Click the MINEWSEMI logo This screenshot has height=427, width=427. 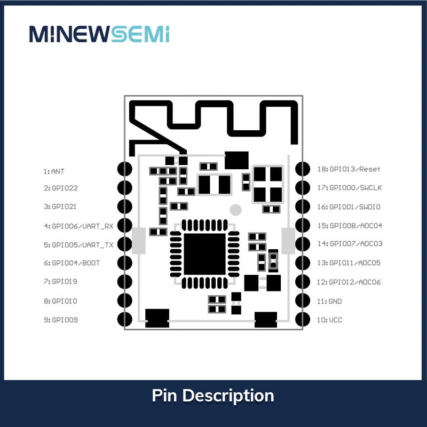pos(99,34)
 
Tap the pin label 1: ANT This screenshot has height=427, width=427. pos(54,171)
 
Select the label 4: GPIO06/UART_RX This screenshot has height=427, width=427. pos(78,226)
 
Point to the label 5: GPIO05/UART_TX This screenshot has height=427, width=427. pos(78,245)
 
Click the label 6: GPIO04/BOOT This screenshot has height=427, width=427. pos(72,263)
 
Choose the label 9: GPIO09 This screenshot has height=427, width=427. pos(61,320)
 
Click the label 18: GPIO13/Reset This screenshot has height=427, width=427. pos(349,169)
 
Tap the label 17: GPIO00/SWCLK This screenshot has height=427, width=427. pos(350,188)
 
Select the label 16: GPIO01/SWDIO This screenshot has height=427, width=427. pos(349,207)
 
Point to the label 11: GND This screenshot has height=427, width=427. pos(329,301)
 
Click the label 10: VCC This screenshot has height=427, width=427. pos(329,320)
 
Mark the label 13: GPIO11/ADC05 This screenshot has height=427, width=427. pos(349,263)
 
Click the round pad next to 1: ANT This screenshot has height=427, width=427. pos(125,169)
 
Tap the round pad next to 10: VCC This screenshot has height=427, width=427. pos(303,319)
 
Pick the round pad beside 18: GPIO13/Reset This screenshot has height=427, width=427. pos(303,169)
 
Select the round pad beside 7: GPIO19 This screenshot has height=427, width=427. pos(125,282)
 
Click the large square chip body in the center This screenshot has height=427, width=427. pos(205,254)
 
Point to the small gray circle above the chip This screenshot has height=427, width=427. pos(235,210)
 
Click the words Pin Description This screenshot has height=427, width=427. pos(213,396)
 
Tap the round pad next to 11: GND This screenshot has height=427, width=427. pos(303,301)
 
